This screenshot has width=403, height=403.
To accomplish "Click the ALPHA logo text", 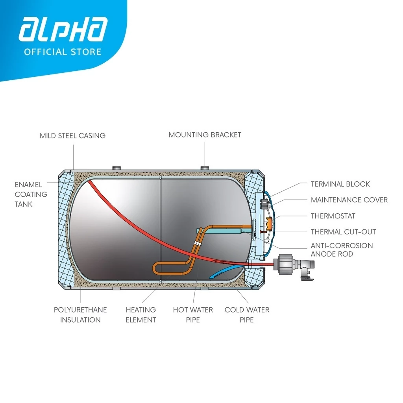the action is [x=63, y=29].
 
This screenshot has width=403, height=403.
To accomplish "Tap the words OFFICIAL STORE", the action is [x=63, y=52].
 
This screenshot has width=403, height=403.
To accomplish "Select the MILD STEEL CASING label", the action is [x=73, y=136].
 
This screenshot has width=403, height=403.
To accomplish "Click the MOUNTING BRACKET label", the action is [x=205, y=135].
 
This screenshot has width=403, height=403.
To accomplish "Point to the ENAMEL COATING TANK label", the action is [x=31, y=194].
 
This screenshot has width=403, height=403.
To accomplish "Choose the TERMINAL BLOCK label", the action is [x=340, y=184].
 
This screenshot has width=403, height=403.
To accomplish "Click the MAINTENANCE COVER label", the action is [x=349, y=200].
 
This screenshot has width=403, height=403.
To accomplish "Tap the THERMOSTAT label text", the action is [x=333, y=216].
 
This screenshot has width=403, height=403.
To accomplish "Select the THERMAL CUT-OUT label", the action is [x=343, y=232].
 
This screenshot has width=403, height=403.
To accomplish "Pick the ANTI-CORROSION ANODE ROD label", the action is [x=342, y=250].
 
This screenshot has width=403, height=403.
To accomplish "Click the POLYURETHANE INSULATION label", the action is [x=80, y=315].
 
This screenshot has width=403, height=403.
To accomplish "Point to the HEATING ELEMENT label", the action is [x=140, y=315].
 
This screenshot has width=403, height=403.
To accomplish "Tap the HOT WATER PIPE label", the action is [x=193, y=315].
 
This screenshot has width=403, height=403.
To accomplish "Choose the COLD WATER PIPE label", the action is [x=247, y=315].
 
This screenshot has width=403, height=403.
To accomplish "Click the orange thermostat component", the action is [x=270, y=223].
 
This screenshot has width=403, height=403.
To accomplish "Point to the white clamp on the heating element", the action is [x=198, y=243].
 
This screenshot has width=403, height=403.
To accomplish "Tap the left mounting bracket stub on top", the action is [x=116, y=168].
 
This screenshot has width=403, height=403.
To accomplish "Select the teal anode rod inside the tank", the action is [x=221, y=231].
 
